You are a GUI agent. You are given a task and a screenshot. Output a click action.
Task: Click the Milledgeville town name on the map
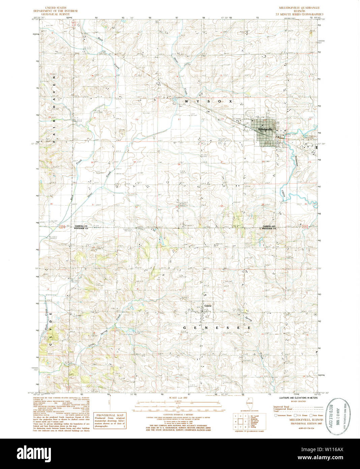(265, 129)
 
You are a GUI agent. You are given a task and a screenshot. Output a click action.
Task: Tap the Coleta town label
(208, 306)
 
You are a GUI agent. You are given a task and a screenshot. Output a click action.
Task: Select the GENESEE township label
(217, 328)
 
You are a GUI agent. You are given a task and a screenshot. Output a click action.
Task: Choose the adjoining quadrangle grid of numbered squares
(241, 421)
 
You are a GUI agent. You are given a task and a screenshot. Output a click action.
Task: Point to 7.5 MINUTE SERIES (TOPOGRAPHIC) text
(299, 14)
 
